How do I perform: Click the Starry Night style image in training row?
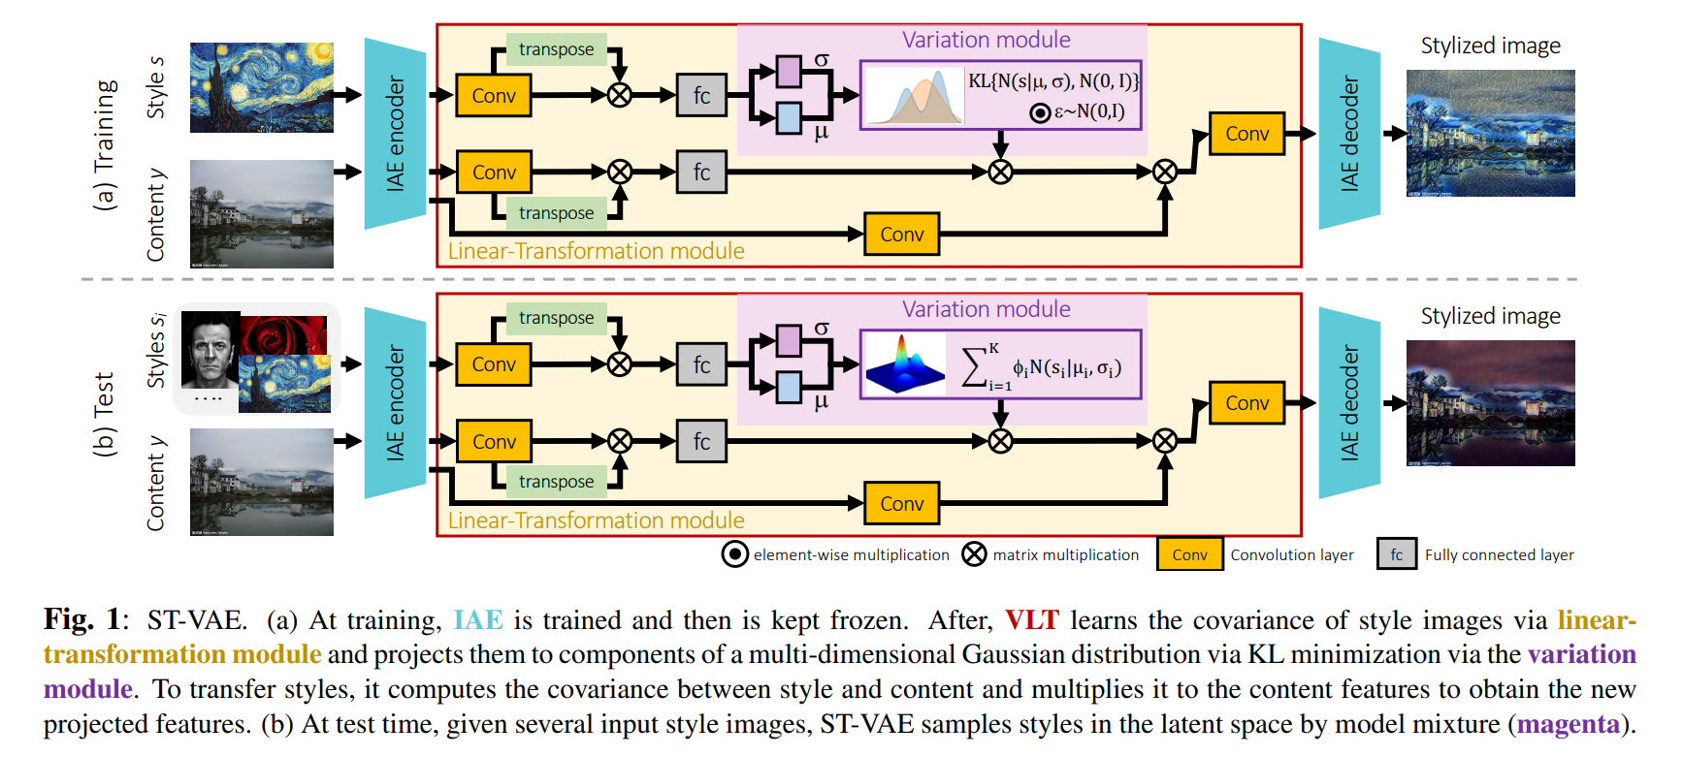261,87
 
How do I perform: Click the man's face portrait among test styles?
210,351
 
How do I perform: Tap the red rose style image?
284,335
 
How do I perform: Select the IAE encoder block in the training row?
395,134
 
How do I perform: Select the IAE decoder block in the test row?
1349,403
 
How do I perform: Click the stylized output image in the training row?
1490,133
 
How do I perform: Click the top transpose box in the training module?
556,49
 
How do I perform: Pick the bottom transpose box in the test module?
556,482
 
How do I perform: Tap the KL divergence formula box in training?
1052,81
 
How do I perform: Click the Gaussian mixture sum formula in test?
1042,367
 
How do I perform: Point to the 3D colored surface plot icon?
904,364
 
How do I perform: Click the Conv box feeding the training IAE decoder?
1246,134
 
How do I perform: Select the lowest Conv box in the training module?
901,235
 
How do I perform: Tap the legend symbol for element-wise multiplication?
734,554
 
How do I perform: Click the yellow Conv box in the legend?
1189,554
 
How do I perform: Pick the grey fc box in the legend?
1396,554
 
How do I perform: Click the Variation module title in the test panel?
986,309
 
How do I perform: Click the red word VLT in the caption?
1031,620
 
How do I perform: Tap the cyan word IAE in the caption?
478,620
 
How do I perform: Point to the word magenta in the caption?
1568,724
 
